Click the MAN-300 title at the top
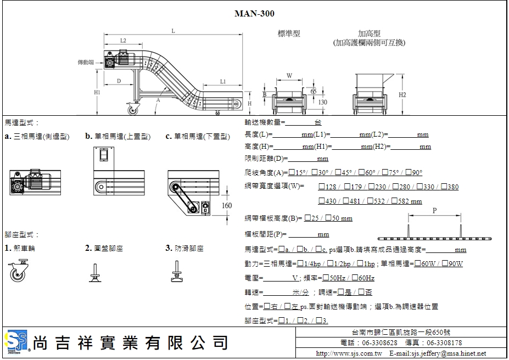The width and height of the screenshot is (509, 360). click(254, 14)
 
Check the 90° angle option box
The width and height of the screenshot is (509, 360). click(409, 172)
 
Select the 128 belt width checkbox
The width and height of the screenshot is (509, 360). click(321, 187)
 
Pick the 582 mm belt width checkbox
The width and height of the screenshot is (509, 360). click(394, 201)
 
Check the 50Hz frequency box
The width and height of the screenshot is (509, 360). click(326, 278)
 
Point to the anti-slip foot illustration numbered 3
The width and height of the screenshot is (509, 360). click(178, 272)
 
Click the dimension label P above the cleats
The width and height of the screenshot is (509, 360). click(435, 210)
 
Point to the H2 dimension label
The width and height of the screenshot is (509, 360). click(402, 94)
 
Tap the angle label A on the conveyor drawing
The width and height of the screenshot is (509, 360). click(159, 100)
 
